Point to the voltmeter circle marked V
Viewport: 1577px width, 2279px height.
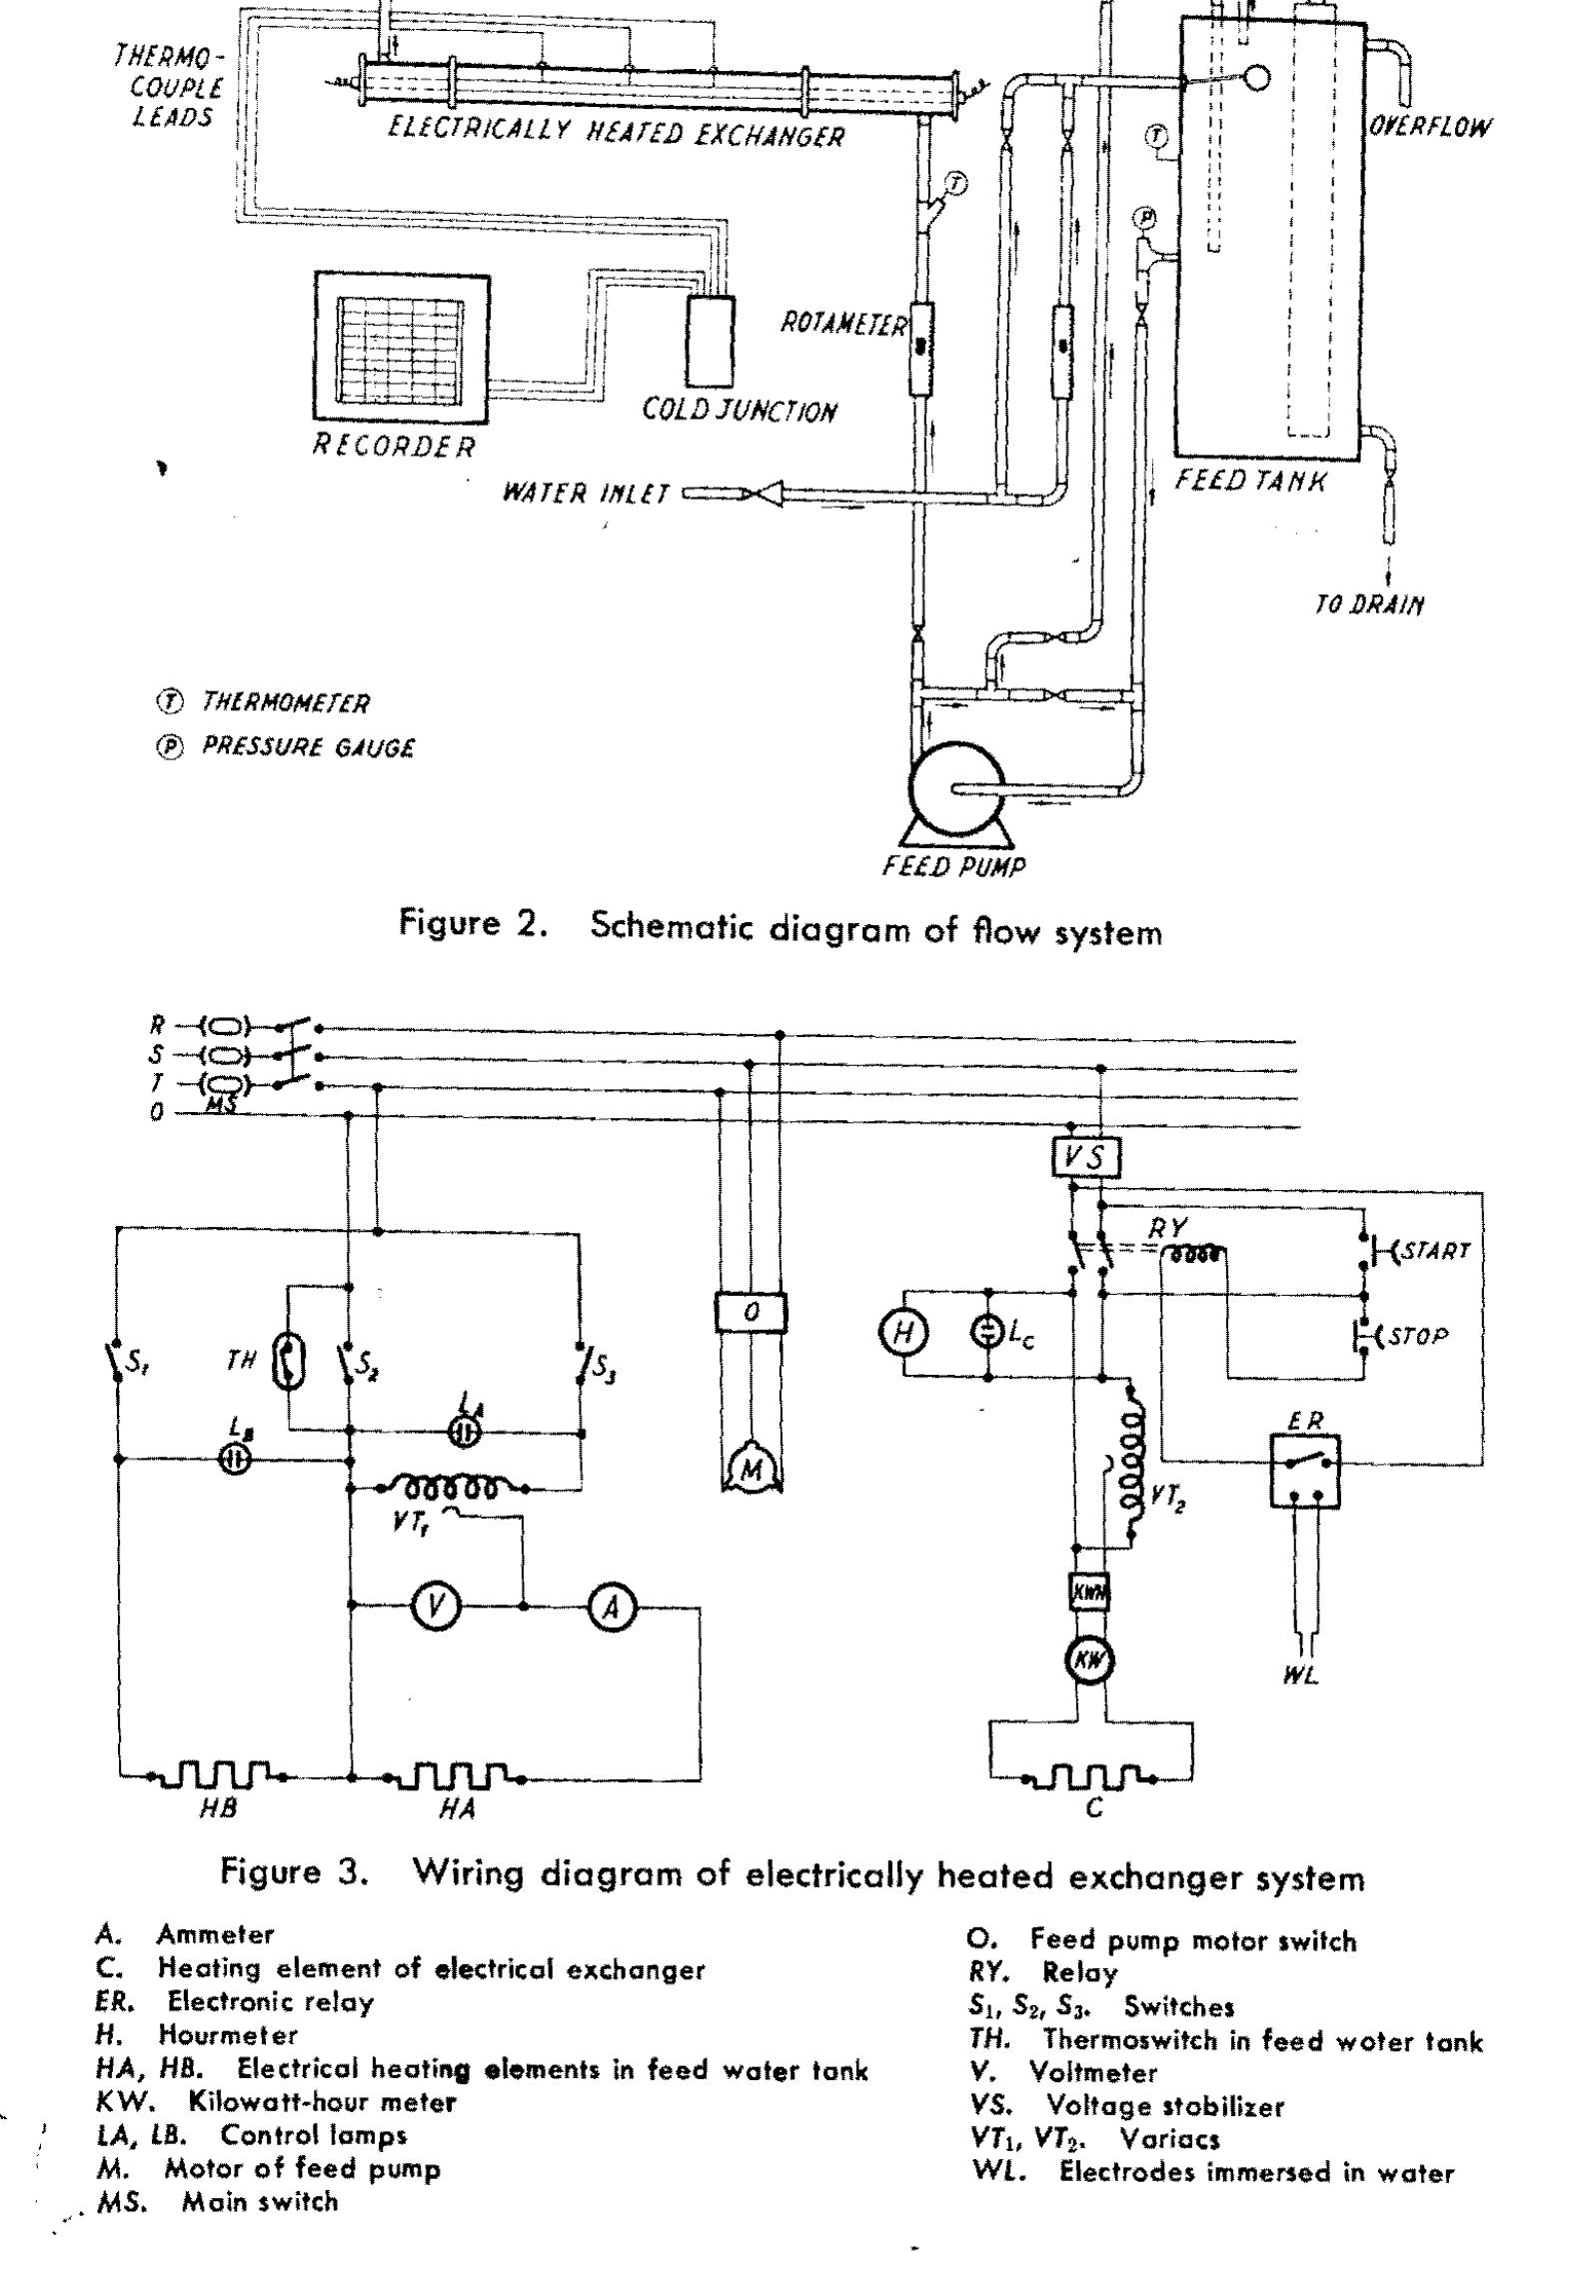(x=436, y=1608)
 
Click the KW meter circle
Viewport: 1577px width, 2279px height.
(x=1087, y=1661)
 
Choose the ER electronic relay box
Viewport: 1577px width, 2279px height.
(x=1305, y=1471)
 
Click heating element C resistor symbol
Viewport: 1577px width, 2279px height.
(x=1093, y=1775)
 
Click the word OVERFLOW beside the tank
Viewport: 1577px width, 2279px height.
(x=1430, y=127)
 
